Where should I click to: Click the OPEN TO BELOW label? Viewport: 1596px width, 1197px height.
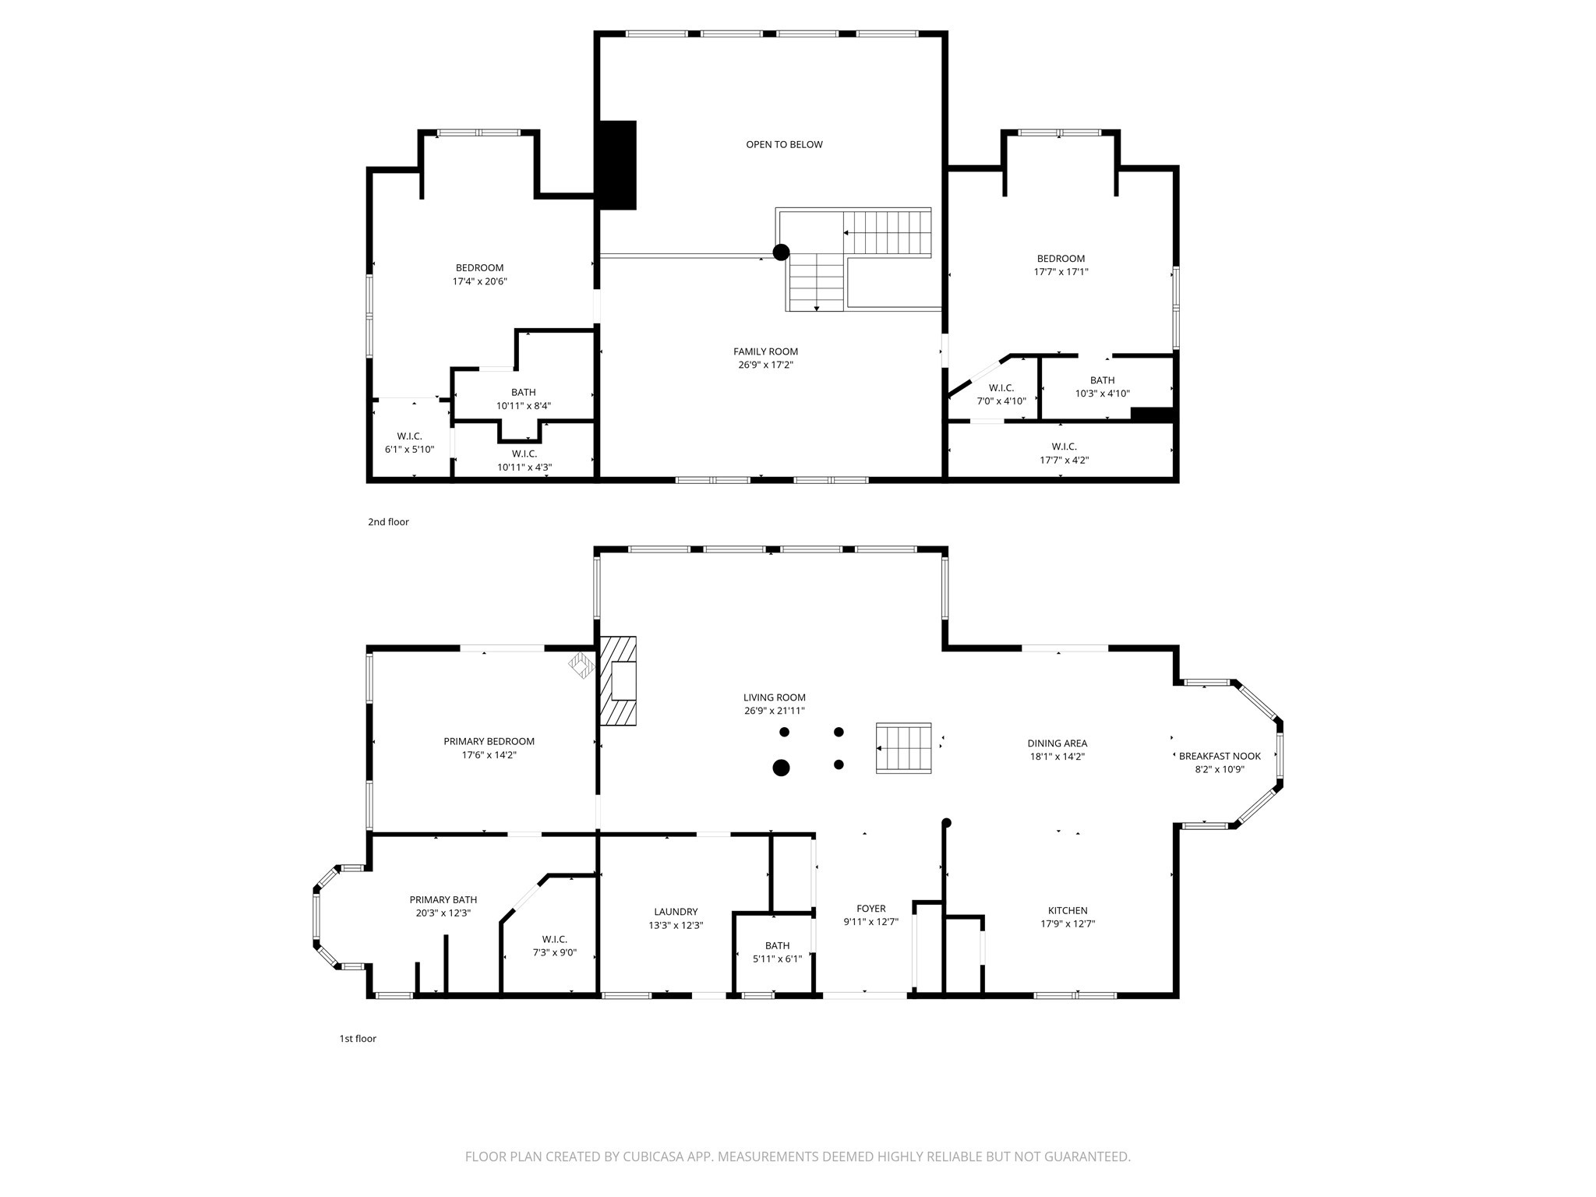(x=784, y=144)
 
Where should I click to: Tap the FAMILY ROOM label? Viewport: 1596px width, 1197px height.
(x=765, y=351)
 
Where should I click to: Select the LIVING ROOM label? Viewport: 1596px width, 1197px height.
(x=774, y=697)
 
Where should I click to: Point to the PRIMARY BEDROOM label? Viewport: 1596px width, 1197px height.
(x=489, y=741)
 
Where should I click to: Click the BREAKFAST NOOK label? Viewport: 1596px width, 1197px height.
(x=1220, y=756)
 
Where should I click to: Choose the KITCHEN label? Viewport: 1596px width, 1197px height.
(x=1068, y=910)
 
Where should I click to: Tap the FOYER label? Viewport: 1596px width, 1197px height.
(x=870, y=909)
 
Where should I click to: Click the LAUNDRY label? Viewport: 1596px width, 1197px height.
(x=676, y=912)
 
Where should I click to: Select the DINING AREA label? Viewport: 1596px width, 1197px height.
(x=1057, y=743)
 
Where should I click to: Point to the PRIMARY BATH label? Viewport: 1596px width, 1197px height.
(x=443, y=899)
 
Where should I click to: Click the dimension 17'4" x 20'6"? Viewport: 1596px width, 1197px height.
(x=479, y=281)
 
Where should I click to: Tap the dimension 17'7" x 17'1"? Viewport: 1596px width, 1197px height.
(x=1061, y=272)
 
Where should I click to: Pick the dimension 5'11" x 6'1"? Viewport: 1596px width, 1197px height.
(x=777, y=959)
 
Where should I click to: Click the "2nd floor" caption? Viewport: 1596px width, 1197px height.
(x=388, y=522)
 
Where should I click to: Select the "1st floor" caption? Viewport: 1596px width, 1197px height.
(x=358, y=1039)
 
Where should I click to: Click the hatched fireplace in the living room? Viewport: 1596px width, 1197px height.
(x=617, y=681)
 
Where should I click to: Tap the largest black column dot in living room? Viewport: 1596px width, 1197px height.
(x=781, y=768)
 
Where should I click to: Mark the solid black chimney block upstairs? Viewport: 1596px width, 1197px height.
(x=616, y=165)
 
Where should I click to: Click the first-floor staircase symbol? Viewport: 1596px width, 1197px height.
(x=904, y=748)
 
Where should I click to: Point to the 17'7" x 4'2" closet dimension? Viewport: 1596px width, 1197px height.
(x=1064, y=460)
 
